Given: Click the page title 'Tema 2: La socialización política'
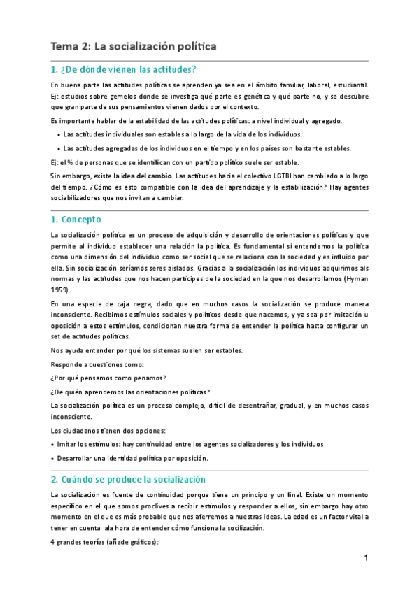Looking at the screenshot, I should point(134,47).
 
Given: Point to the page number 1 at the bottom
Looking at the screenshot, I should point(365,557).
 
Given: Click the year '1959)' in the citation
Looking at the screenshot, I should point(62,288).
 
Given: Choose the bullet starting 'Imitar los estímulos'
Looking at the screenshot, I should point(189,444).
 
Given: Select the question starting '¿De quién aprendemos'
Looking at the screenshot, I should point(131,391).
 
